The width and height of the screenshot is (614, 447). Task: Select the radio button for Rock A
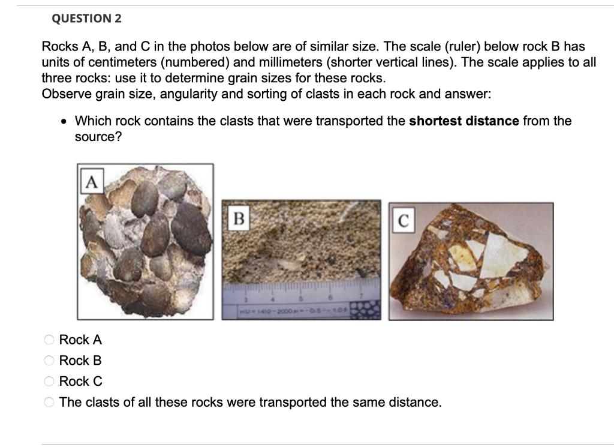point(49,340)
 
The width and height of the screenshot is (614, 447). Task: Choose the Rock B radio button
point(49,361)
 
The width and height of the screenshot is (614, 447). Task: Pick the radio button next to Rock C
point(49,382)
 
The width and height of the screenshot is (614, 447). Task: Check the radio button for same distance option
point(49,403)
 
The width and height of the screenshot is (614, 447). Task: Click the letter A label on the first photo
point(91,181)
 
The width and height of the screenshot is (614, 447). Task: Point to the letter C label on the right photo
point(404,221)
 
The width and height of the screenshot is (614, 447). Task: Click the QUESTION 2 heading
point(86,19)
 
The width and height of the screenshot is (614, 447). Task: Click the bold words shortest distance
point(463,121)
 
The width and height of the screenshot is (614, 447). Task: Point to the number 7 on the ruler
point(361,295)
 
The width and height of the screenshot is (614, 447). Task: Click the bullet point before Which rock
point(64,121)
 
